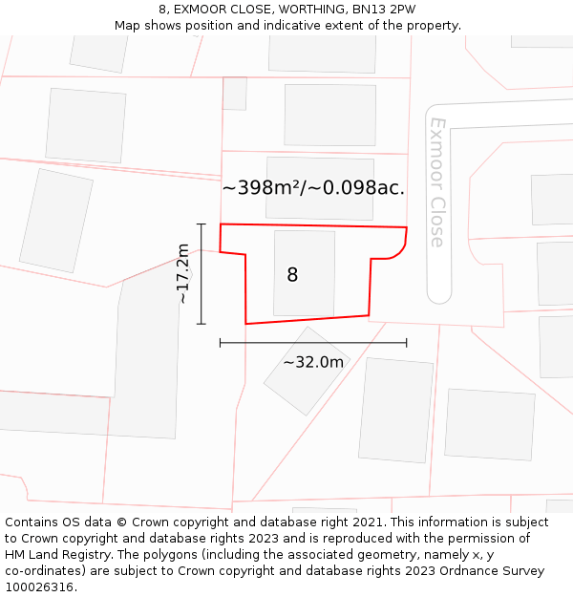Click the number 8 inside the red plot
tap(292, 275)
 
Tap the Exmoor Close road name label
tap(437, 181)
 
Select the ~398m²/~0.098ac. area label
tap(313, 188)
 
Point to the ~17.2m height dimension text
tap(183, 273)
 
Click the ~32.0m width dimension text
tap(313, 362)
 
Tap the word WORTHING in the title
tap(298, 10)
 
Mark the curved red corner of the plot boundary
tap(400, 248)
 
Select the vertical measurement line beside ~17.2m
tap(202, 273)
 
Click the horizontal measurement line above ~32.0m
tap(313, 342)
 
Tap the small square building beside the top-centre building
tap(234, 94)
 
